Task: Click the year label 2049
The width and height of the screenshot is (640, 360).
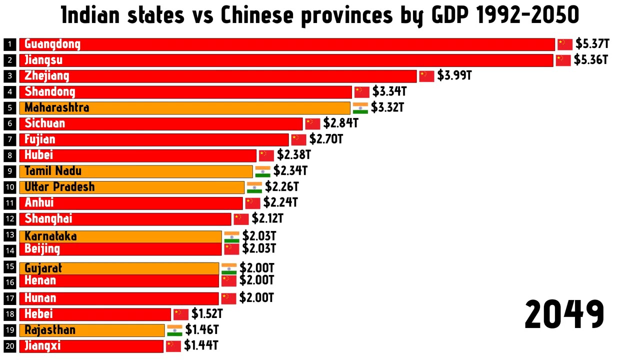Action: point(564,314)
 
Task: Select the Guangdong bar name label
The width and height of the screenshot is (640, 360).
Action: point(52,44)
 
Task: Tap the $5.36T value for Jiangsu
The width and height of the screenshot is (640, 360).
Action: point(590,60)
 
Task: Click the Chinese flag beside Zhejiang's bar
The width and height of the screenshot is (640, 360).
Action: point(426,76)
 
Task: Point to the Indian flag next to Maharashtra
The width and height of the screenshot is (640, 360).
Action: point(360,108)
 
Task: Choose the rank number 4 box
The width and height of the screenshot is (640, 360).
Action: point(10,92)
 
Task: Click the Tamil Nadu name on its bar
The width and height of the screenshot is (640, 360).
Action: point(53,171)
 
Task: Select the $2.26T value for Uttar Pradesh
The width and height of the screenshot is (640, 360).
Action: point(282,187)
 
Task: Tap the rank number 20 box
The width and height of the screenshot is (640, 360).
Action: point(10,346)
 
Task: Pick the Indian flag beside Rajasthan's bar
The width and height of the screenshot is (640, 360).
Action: point(174,330)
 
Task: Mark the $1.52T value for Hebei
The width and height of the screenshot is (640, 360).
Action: point(207,314)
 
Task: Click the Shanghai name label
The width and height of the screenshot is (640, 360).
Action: point(48,218)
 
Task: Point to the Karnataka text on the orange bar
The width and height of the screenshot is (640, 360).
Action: point(50,236)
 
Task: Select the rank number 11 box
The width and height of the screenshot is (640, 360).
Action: point(10,203)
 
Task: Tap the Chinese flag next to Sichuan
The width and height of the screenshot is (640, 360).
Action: point(312,124)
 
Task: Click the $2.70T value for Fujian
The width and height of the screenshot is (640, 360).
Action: point(326,139)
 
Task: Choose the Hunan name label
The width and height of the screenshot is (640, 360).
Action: point(40,298)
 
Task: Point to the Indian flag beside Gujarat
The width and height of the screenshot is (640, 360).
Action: point(229,268)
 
